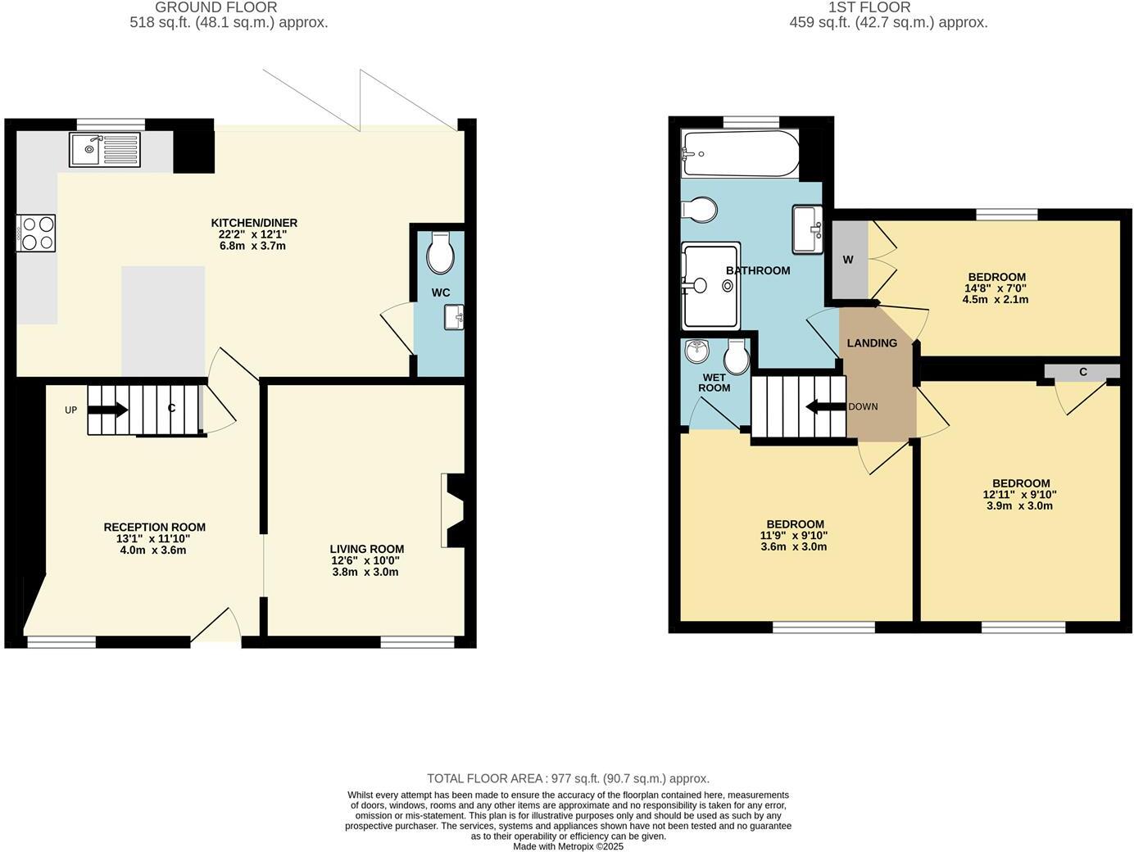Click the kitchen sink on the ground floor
[x=105, y=150]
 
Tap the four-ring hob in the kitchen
[x=36, y=233]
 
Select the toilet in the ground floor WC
[x=441, y=253]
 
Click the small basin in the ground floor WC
[x=454, y=317]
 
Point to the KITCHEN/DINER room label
[x=254, y=223]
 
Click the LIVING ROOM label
[x=366, y=549]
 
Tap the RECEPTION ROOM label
[x=154, y=528]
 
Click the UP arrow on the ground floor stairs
[x=107, y=410]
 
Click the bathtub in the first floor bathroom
[x=739, y=153]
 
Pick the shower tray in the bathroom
[x=711, y=285]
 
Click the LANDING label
[x=872, y=343]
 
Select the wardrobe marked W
[x=849, y=260]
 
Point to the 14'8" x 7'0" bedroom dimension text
[x=995, y=288]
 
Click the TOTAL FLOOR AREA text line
[x=568, y=778]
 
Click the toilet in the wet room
[x=736, y=356]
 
